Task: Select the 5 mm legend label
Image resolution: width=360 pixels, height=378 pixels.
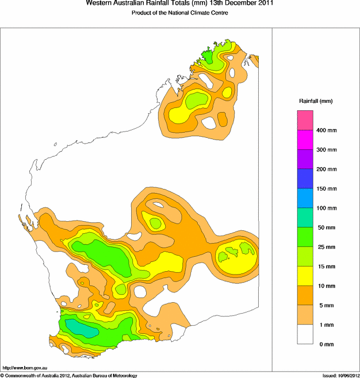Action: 325,305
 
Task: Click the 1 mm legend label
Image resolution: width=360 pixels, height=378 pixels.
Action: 325,325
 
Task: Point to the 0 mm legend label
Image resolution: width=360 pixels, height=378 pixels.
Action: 325,344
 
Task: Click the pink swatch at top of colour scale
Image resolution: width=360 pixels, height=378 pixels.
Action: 305,120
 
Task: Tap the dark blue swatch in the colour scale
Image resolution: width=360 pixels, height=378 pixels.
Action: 305,179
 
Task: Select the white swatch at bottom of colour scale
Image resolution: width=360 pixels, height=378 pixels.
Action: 305,334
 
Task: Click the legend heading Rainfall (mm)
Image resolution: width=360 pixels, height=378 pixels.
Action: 315,101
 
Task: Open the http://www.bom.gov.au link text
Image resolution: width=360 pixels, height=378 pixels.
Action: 25,368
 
